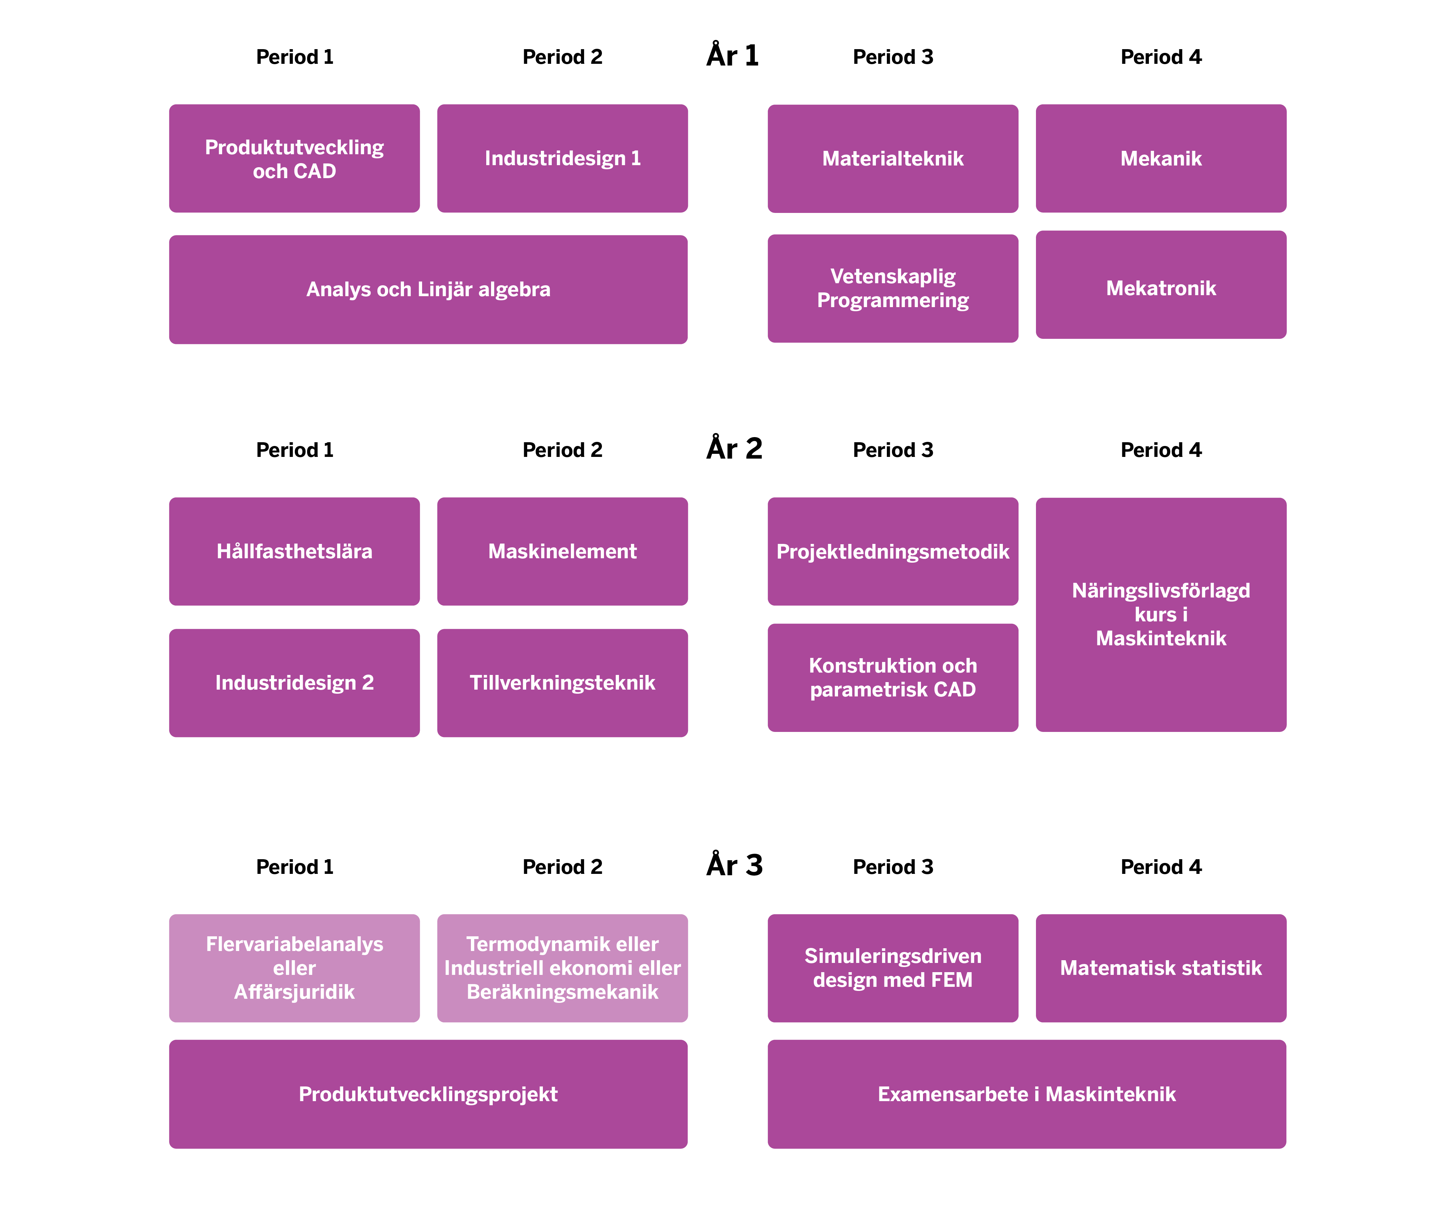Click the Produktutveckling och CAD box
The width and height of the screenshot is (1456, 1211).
click(x=294, y=159)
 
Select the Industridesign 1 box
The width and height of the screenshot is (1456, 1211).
click(x=562, y=159)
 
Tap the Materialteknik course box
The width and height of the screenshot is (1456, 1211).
click(x=893, y=159)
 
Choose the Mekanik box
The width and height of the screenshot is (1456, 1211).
click(x=1161, y=159)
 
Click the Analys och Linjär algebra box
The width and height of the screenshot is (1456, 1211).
click(x=428, y=290)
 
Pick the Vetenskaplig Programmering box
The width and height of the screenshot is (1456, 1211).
click(x=893, y=288)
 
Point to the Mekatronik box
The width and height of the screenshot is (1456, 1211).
click(x=1161, y=285)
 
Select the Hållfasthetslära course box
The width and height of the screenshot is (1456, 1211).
click(x=294, y=551)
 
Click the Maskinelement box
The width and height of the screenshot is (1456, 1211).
click(x=562, y=551)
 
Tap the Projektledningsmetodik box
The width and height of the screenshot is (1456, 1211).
click(x=893, y=551)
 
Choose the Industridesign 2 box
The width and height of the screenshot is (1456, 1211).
click(x=294, y=683)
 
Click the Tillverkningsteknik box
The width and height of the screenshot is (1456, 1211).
click(x=562, y=683)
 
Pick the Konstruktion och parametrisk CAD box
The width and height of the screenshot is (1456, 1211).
click(x=893, y=677)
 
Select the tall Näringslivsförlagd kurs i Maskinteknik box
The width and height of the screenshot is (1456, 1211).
click(x=1161, y=614)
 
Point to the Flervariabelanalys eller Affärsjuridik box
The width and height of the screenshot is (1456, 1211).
click(x=294, y=968)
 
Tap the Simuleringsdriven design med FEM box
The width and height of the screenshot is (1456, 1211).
click(x=893, y=968)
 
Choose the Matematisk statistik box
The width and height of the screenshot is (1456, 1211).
click(x=1161, y=968)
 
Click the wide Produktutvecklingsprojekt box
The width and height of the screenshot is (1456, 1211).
click(x=428, y=1094)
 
